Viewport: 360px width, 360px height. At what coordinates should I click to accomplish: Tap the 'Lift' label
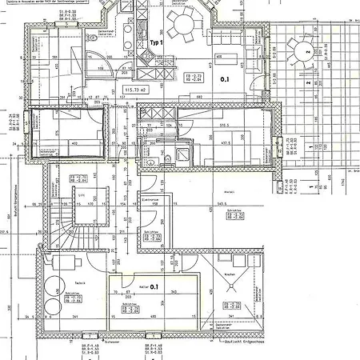(x=81, y=194)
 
